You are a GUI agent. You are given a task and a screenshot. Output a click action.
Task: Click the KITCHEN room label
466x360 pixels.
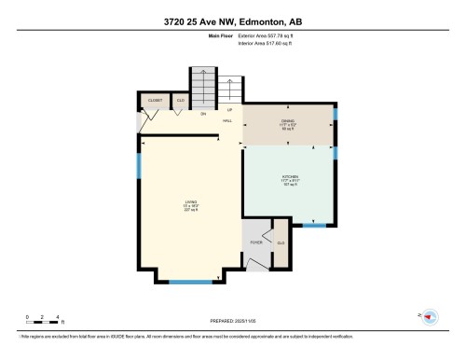[x=290, y=176]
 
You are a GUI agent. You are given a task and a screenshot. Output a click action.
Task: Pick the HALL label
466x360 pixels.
[x=226, y=120]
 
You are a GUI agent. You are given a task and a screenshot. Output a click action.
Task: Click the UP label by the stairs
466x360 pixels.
[x=229, y=109]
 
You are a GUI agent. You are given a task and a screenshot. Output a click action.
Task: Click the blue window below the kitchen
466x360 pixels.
[x=315, y=226]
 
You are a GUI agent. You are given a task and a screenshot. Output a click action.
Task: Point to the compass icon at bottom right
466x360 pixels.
[x=430, y=317]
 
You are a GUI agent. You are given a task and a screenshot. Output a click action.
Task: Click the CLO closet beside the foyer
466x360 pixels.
[x=281, y=244]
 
